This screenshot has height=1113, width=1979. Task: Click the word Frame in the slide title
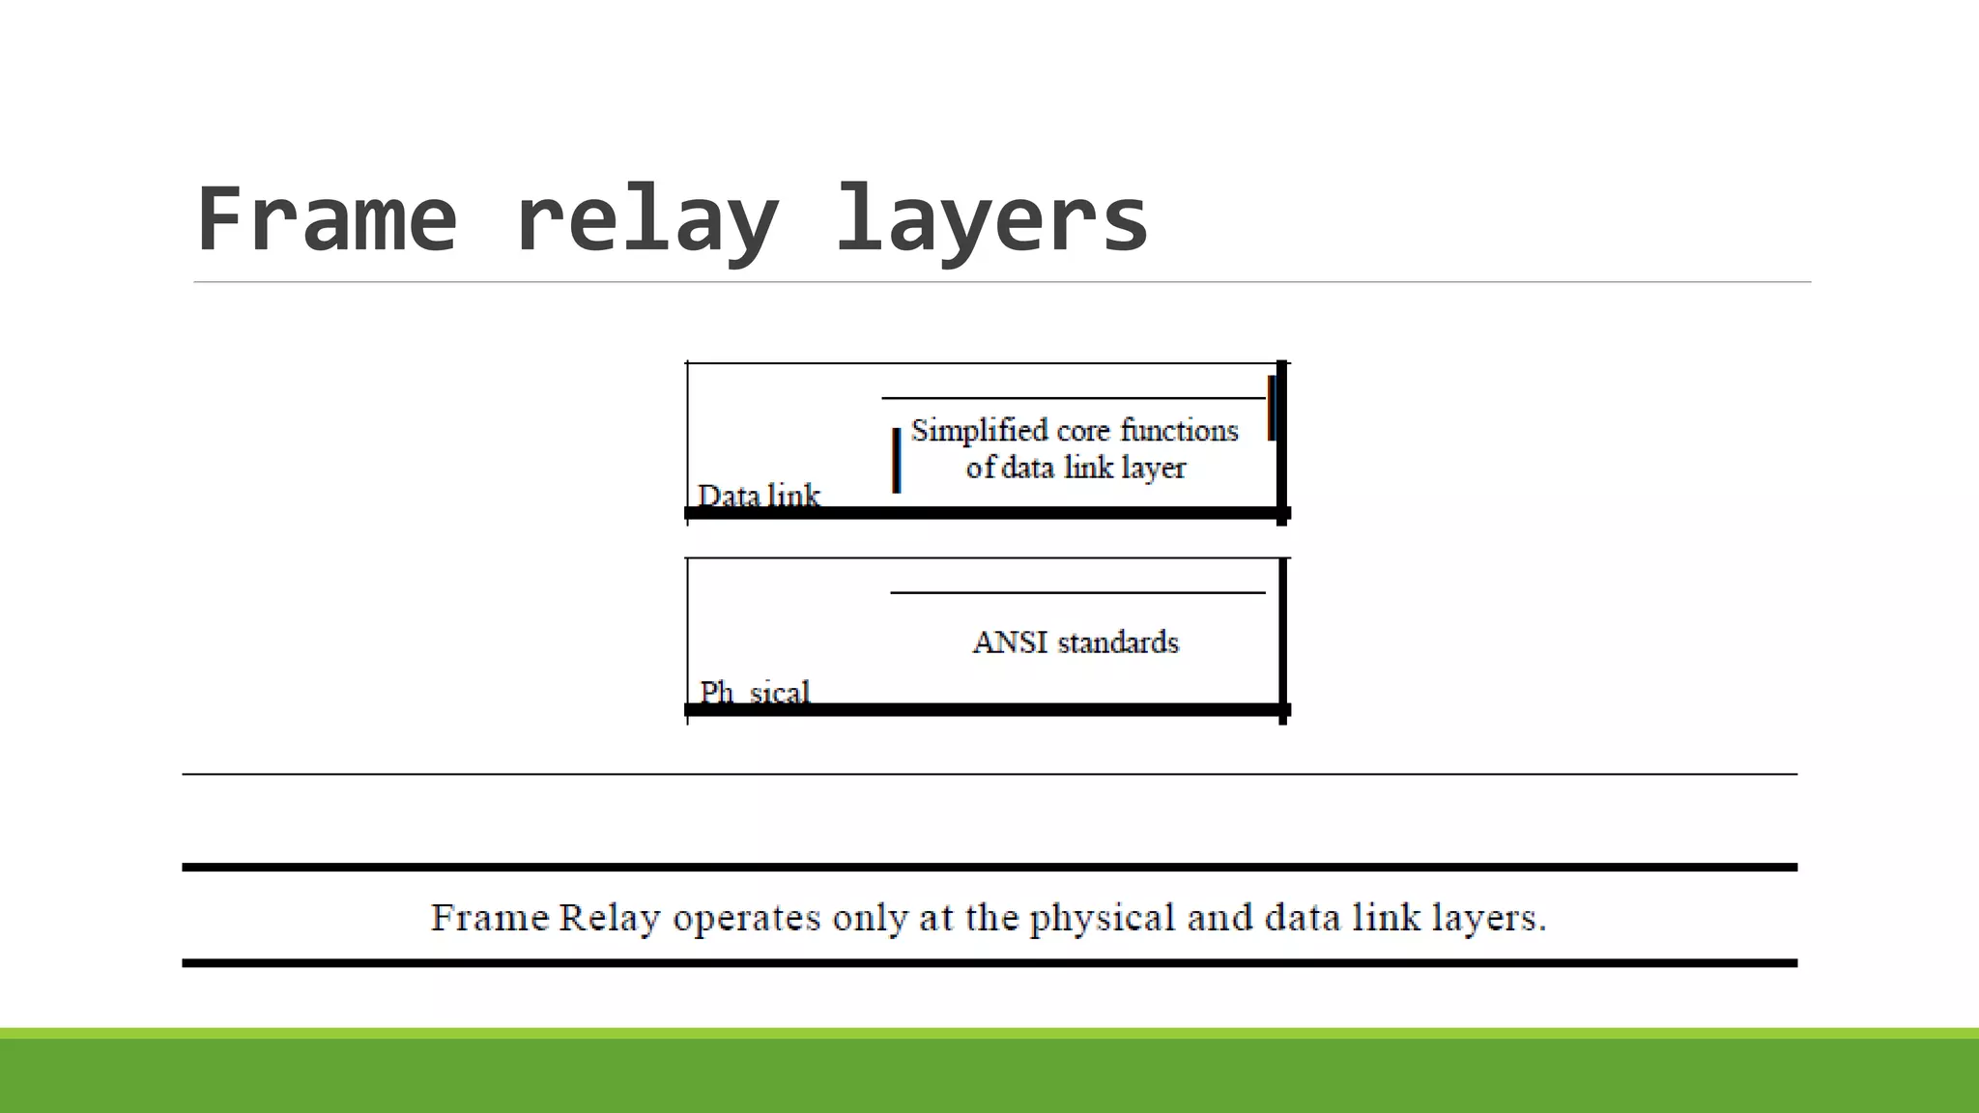pyautogui.click(x=327, y=219)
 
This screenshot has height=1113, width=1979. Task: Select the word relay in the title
pyautogui.click(x=646, y=219)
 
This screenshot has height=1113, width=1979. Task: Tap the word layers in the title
pyautogui.click(x=991, y=219)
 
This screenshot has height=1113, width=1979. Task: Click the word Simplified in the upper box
pyautogui.click(x=979, y=431)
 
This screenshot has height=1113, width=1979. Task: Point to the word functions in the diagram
pyautogui.click(x=1179, y=431)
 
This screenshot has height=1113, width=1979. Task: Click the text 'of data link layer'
pyautogui.click(x=1076, y=469)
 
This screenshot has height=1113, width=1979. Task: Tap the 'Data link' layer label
pyautogui.click(x=759, y=497)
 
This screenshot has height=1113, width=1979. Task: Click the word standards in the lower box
pyautogui.click(x=1118, y=642)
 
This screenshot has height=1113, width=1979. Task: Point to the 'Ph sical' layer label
pyautogui.click(x=755, y=693)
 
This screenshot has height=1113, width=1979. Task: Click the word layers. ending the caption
pyautogui.click(x=1489, y=918)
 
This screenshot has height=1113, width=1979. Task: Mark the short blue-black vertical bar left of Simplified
pyautogui.click(x=897, y=461)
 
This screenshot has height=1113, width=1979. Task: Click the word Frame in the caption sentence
pyautogui.click(x=490, y=918)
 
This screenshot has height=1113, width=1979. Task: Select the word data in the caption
pyautogui.click(x=1303, y=918)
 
